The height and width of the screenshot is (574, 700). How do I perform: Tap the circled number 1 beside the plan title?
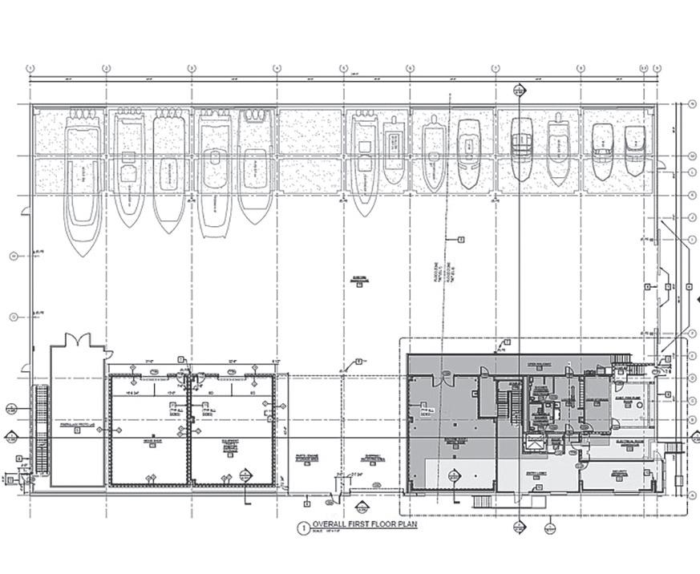point(303,528)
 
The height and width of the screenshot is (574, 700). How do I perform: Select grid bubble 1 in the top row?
point(30,68)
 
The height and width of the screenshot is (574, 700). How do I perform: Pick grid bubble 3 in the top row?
point(191,68)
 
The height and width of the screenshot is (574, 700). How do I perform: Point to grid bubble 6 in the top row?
point(410,68)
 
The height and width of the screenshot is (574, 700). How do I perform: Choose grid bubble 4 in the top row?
point(277,68)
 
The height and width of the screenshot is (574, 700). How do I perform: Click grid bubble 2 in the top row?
point(106,68)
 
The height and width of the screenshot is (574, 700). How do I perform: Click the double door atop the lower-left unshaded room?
point(76,340)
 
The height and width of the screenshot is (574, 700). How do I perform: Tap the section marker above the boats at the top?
point(520,91)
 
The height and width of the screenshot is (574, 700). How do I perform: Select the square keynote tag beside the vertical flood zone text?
point(461,239)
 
